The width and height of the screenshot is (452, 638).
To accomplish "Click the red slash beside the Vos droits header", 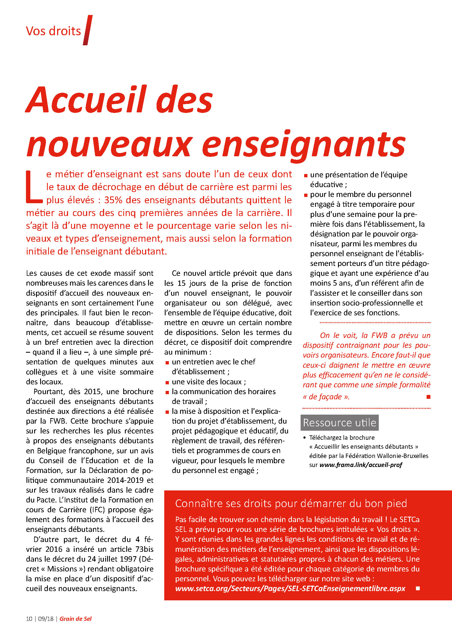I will tap(87, 30).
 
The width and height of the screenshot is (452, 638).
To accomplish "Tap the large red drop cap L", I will tap(34, 187).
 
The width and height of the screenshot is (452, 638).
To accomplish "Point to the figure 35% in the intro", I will tap(113, 200).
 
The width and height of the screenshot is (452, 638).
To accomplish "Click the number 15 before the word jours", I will tap(181, 283).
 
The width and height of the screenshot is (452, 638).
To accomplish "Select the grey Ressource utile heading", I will tap(339, 423).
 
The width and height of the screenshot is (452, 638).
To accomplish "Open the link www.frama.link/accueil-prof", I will tap(360, 465).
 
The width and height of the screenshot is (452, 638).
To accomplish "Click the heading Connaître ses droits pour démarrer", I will tap(291, 503).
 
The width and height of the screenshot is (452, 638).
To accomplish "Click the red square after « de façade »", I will tap(428, 397).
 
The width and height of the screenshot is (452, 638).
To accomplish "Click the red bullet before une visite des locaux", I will tap(167, 382).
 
